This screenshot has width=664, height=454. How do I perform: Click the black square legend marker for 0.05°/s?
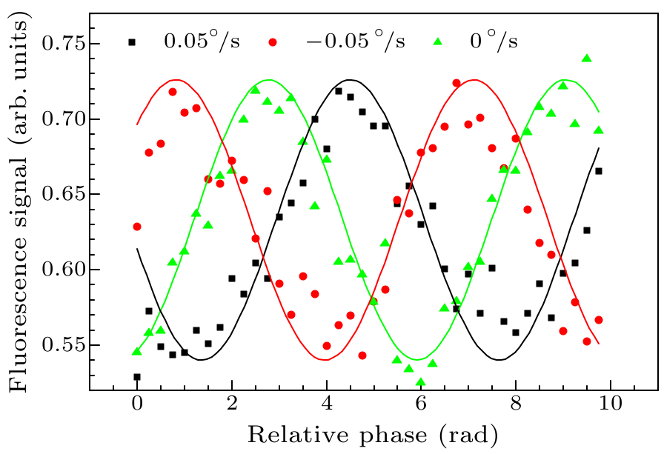coord(133,42)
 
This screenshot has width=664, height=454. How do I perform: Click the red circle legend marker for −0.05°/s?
coord(273,42)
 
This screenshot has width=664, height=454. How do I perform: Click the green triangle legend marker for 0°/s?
coord(437,42)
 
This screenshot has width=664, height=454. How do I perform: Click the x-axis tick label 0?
coord(136,405)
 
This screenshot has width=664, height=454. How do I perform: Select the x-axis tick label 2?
coord(231,405)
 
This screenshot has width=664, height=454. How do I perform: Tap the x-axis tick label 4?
coord(326,405)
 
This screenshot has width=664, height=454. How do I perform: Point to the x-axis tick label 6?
coord(421,405)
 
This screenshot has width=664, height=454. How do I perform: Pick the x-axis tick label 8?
coord(516,405)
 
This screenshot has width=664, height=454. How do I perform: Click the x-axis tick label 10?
coord(610,405)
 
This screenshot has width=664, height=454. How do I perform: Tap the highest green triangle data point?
coord(586,59)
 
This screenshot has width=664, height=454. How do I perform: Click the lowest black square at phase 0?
coord(137,377)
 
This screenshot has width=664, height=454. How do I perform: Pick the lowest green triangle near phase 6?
coord(421,382)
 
